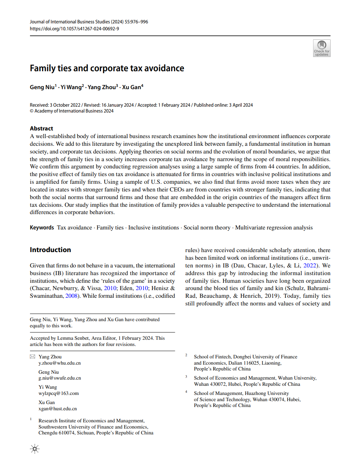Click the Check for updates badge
coord(321,48)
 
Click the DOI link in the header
coord(74,28)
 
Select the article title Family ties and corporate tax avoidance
coord(107,68)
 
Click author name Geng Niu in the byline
coord(42,87)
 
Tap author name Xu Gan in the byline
coord(132,87)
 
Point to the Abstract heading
coord(41,129)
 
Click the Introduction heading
coord(50,250)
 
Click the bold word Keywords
coord(42,228)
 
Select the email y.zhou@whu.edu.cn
coord(60,363)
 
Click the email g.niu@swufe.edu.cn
coord(60,378)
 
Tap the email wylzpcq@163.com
coord(59,393)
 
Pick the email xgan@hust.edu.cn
coord(58,409)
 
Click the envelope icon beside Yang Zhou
coord(33,357)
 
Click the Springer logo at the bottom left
coord(35,449)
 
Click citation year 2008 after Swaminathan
coord(71,296)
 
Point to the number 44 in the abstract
coord(270,167)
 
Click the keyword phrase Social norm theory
coord(207,228)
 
